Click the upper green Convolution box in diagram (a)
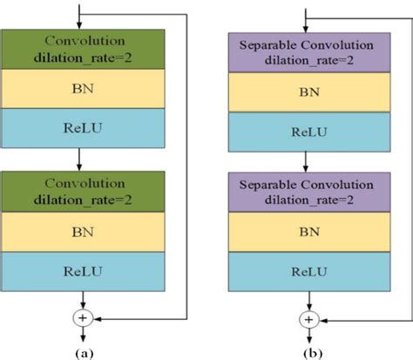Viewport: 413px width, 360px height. tap(79, 49)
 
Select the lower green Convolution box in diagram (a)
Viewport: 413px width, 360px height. tap(79, 192)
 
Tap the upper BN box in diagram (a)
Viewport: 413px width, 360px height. tap(79, 87)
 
